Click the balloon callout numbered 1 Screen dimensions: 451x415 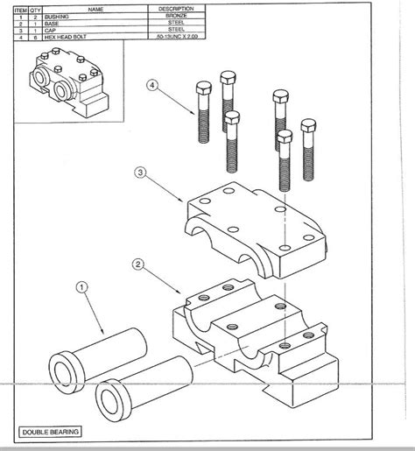click(x=82, y=286)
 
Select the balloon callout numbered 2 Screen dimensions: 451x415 click(x=137, y=263)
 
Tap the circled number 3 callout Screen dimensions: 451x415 click(x=139, y=173)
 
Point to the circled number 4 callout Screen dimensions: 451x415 click(x=152, y=86)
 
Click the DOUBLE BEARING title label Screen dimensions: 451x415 click(x=52, y=432)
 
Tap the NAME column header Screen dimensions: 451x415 click(x=95, y=8)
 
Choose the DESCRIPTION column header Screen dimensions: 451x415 click(x=179, y=8)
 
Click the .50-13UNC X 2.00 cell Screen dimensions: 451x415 click(x=179, y=38)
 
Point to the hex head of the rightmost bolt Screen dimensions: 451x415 click(x=307, y=125)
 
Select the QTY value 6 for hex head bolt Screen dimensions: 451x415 click(x=35, y=38)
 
